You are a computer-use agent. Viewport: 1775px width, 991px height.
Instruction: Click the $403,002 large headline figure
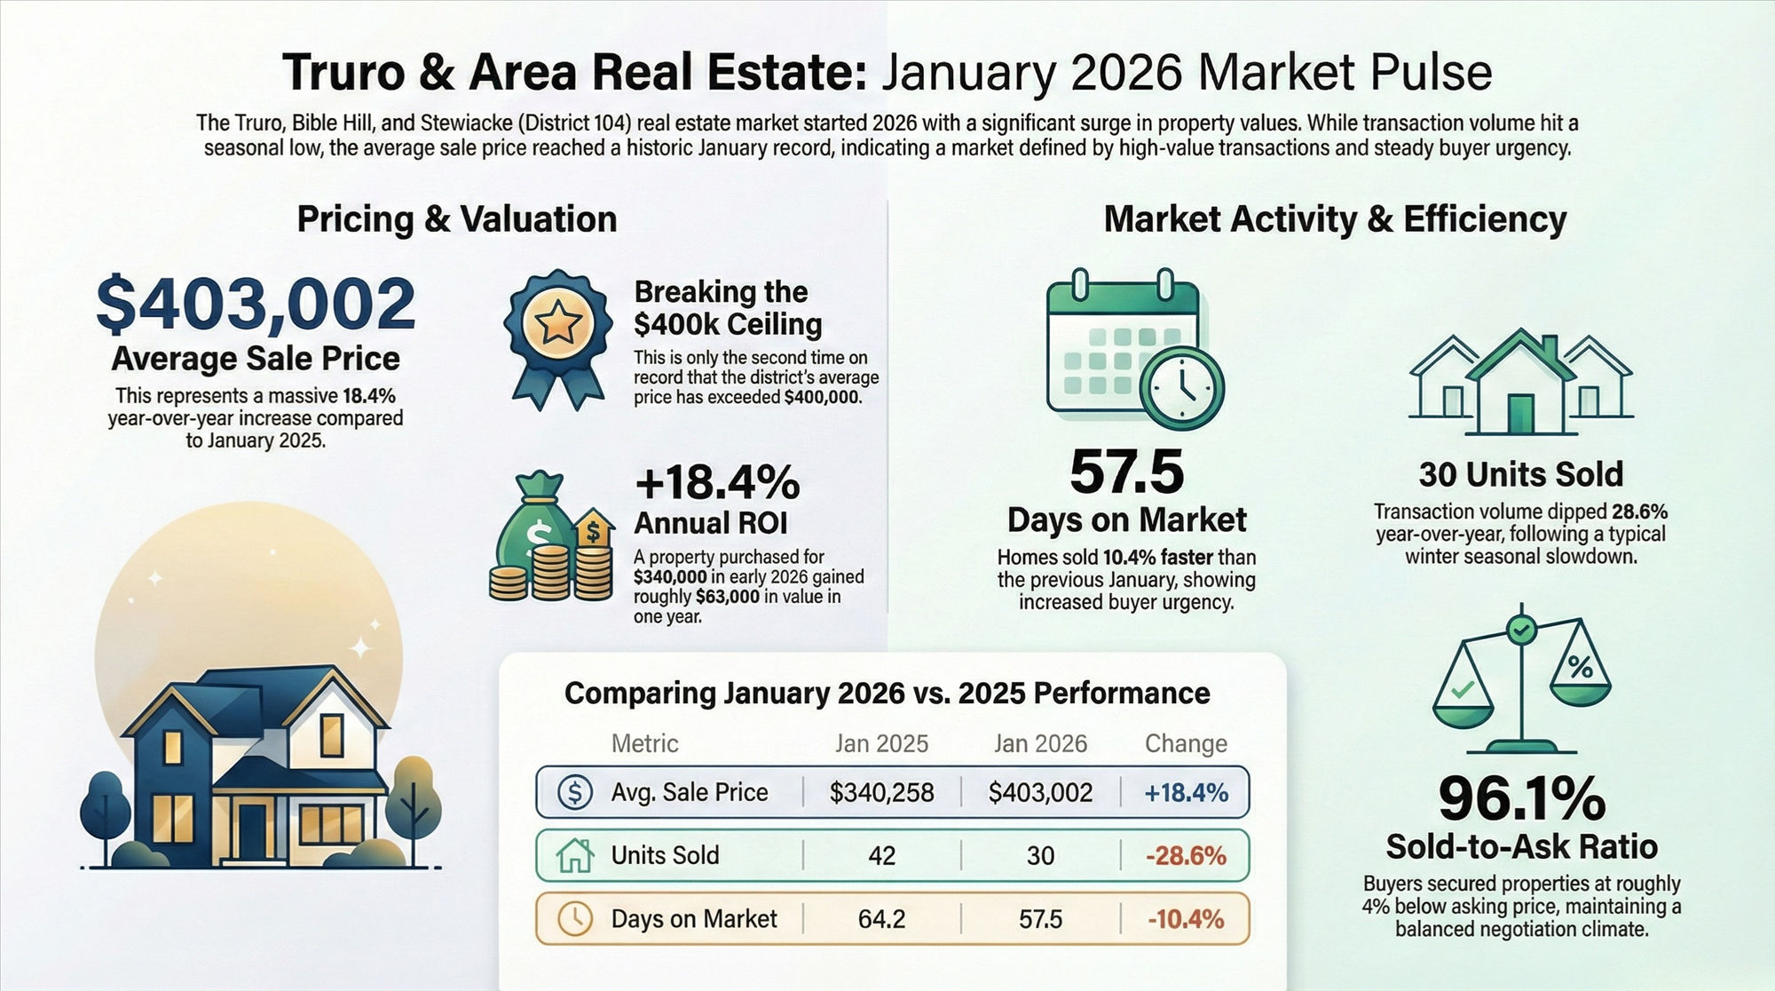click(256, 303)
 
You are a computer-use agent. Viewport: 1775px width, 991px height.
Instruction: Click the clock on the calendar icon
click(1180, 387)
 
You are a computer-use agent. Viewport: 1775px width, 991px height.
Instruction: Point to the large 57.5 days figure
click(1126, 472)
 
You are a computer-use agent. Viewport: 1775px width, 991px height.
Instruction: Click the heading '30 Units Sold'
click(1520, 474)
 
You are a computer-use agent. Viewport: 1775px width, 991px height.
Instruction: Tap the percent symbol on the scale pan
click(1580, 667)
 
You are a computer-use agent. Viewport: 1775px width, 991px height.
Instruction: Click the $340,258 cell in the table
click(881, 792)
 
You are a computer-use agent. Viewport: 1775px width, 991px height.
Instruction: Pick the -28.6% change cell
click(1186, 856)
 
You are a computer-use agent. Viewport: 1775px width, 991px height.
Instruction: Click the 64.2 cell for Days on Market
click(881, 919)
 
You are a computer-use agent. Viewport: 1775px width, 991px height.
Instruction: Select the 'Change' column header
click(1186, 743)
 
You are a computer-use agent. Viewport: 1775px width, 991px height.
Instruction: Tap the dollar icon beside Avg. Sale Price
click(575, 791)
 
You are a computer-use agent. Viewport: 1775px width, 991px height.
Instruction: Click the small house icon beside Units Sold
click(575, 855)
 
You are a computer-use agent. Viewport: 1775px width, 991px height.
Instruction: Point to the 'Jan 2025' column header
click(881, 743)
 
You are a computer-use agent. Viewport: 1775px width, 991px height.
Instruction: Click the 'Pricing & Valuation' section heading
click(456, 219)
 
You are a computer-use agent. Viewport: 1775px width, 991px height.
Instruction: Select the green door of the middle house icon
click(1520, 414)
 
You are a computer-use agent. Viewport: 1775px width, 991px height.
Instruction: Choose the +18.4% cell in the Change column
click(1186, 792)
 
